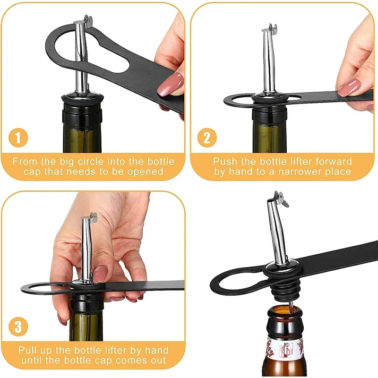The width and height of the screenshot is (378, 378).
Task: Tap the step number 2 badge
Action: click(x=206, y=138)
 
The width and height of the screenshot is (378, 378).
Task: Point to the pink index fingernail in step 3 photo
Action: click(x=100, y=274)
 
